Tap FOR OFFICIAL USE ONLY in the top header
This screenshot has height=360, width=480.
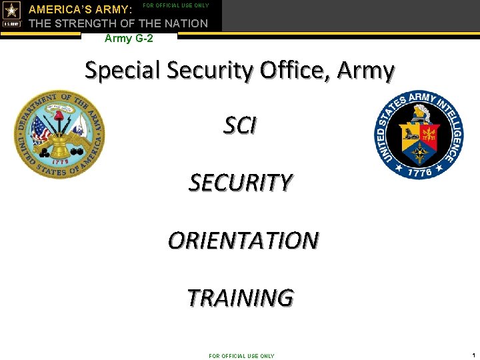click(177, 5)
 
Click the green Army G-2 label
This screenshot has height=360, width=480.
click(129, 39)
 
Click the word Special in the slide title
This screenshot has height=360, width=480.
click(122, 70)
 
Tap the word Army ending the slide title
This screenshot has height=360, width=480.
click(366, 70)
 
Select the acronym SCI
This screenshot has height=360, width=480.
click(240, 125)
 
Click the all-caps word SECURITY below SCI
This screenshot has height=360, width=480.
click(240, 182)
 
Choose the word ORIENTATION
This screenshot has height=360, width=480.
click(243, 240)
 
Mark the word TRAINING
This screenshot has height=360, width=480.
click(240, 297)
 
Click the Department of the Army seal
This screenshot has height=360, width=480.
click(60, 135)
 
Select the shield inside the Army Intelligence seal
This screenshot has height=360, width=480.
click(419, 137)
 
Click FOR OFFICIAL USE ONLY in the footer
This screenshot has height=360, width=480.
click(241, 356)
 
